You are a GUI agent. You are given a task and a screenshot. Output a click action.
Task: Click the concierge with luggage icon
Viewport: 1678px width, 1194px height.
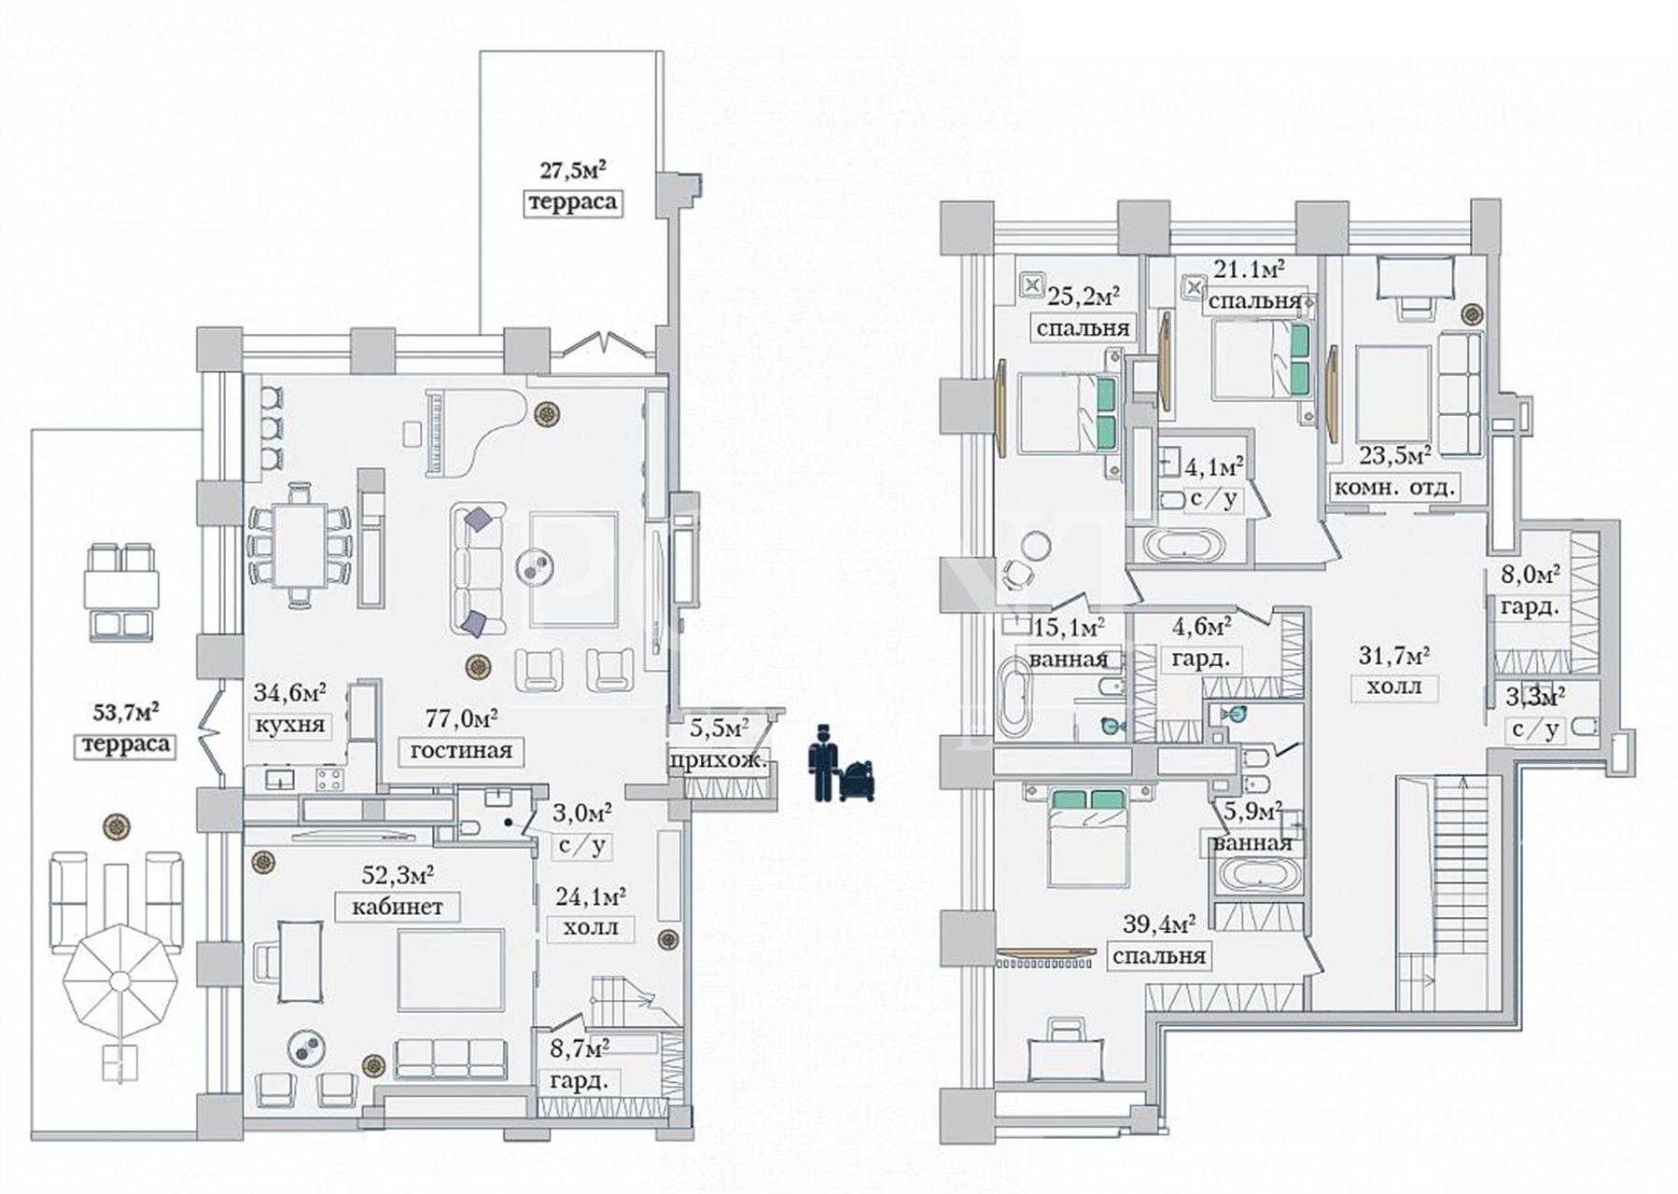pyautogui.click(x=843, y=762)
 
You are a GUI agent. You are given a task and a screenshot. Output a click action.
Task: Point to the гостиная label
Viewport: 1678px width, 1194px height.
pyautogui.click(x=461, y=750)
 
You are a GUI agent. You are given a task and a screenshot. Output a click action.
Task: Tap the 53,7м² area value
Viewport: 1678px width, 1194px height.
pyautogui.click(x=125, y=714)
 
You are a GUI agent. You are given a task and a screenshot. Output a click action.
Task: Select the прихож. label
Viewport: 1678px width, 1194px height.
pyautogui.click(x=719, y=760)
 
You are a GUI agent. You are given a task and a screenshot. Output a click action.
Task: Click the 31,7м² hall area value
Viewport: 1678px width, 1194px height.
pyautogui.click(x=1392, y=656)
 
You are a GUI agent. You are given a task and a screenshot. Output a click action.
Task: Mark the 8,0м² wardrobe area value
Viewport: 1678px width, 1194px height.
pyautogui.click(x=1531, y=575)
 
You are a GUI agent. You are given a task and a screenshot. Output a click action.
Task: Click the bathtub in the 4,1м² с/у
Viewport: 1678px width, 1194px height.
pyautogui.click(x=1183, y=545)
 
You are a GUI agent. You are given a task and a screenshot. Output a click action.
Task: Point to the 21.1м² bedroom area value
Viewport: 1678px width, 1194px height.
pyautogui.click(x=1249, y=271)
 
